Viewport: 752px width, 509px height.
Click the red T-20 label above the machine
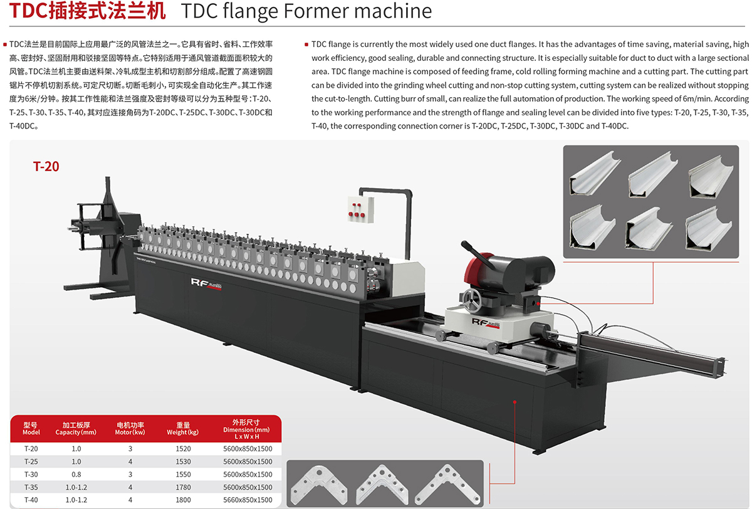(46, 166)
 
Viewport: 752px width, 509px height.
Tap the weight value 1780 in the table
(183, 487)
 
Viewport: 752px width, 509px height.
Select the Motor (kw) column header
(130, 428)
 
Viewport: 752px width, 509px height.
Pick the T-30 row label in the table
(31, 475)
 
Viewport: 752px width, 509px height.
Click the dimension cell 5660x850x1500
(248, 500)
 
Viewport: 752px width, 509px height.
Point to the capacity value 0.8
(76, 475)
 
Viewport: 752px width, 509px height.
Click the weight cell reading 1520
(183, 449)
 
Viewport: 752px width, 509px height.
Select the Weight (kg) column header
(183, 428)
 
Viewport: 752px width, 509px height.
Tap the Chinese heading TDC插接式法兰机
(87, 11)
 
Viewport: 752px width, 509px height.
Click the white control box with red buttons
(360, 209)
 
